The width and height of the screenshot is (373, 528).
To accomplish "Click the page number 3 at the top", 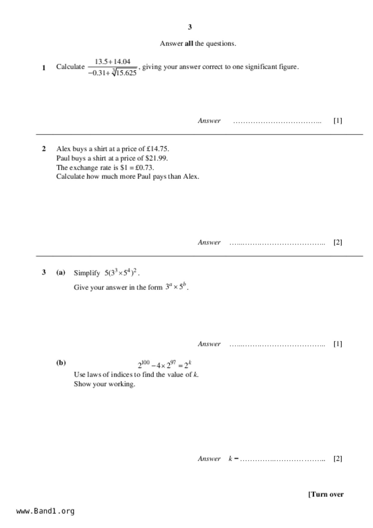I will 190,27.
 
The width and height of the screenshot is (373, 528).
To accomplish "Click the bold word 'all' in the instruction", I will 189,44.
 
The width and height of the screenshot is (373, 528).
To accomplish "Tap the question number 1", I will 44,68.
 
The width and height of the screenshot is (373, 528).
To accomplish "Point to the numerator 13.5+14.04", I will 113,62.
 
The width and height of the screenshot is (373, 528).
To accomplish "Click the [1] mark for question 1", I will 337,121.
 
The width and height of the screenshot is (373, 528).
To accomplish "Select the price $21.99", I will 156,158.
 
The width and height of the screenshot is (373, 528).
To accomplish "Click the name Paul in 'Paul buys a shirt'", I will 63,158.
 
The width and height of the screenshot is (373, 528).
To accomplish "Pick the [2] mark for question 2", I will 337,242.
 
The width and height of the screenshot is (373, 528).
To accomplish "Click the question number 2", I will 44,149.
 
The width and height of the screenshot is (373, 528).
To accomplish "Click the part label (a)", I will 61,273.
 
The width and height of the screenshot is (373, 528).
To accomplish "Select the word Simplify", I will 87,273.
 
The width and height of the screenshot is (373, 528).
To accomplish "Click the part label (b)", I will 61,363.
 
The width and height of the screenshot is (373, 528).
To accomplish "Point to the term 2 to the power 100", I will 144,365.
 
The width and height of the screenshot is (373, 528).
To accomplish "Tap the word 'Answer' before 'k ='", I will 209,459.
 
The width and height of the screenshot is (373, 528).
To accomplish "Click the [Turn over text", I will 326,494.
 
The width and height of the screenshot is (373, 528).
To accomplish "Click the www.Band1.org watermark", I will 45,511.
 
